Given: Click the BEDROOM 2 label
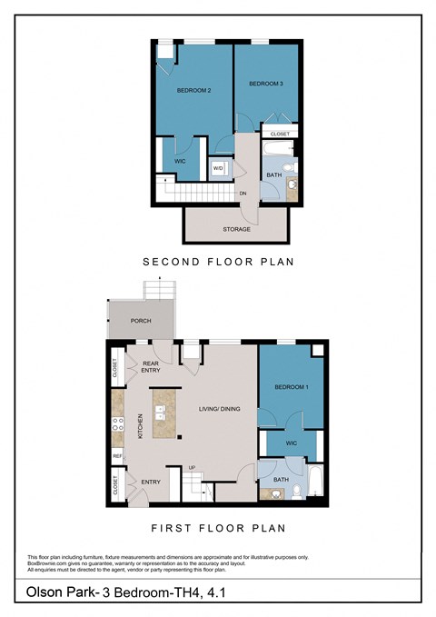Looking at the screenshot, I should click(x=193, y=91).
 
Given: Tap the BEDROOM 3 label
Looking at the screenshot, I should click(x=267, y=85).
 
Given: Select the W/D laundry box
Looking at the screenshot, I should click(x=219, y=168).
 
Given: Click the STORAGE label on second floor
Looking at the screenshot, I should click(x=236, y=229).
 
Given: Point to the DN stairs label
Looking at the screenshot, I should click(x=243, y=194).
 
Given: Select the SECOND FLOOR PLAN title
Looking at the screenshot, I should click(x=218, y=262).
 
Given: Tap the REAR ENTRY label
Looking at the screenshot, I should click(x=151, y=368).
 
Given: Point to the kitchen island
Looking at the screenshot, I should click(x=164, y=414).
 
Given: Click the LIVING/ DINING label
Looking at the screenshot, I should click(x=220, y=409).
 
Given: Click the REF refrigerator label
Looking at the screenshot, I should click(x=117, y=454).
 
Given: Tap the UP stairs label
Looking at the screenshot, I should click(x=192, y=468).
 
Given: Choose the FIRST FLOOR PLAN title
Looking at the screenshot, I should click(x=218, y=527).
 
